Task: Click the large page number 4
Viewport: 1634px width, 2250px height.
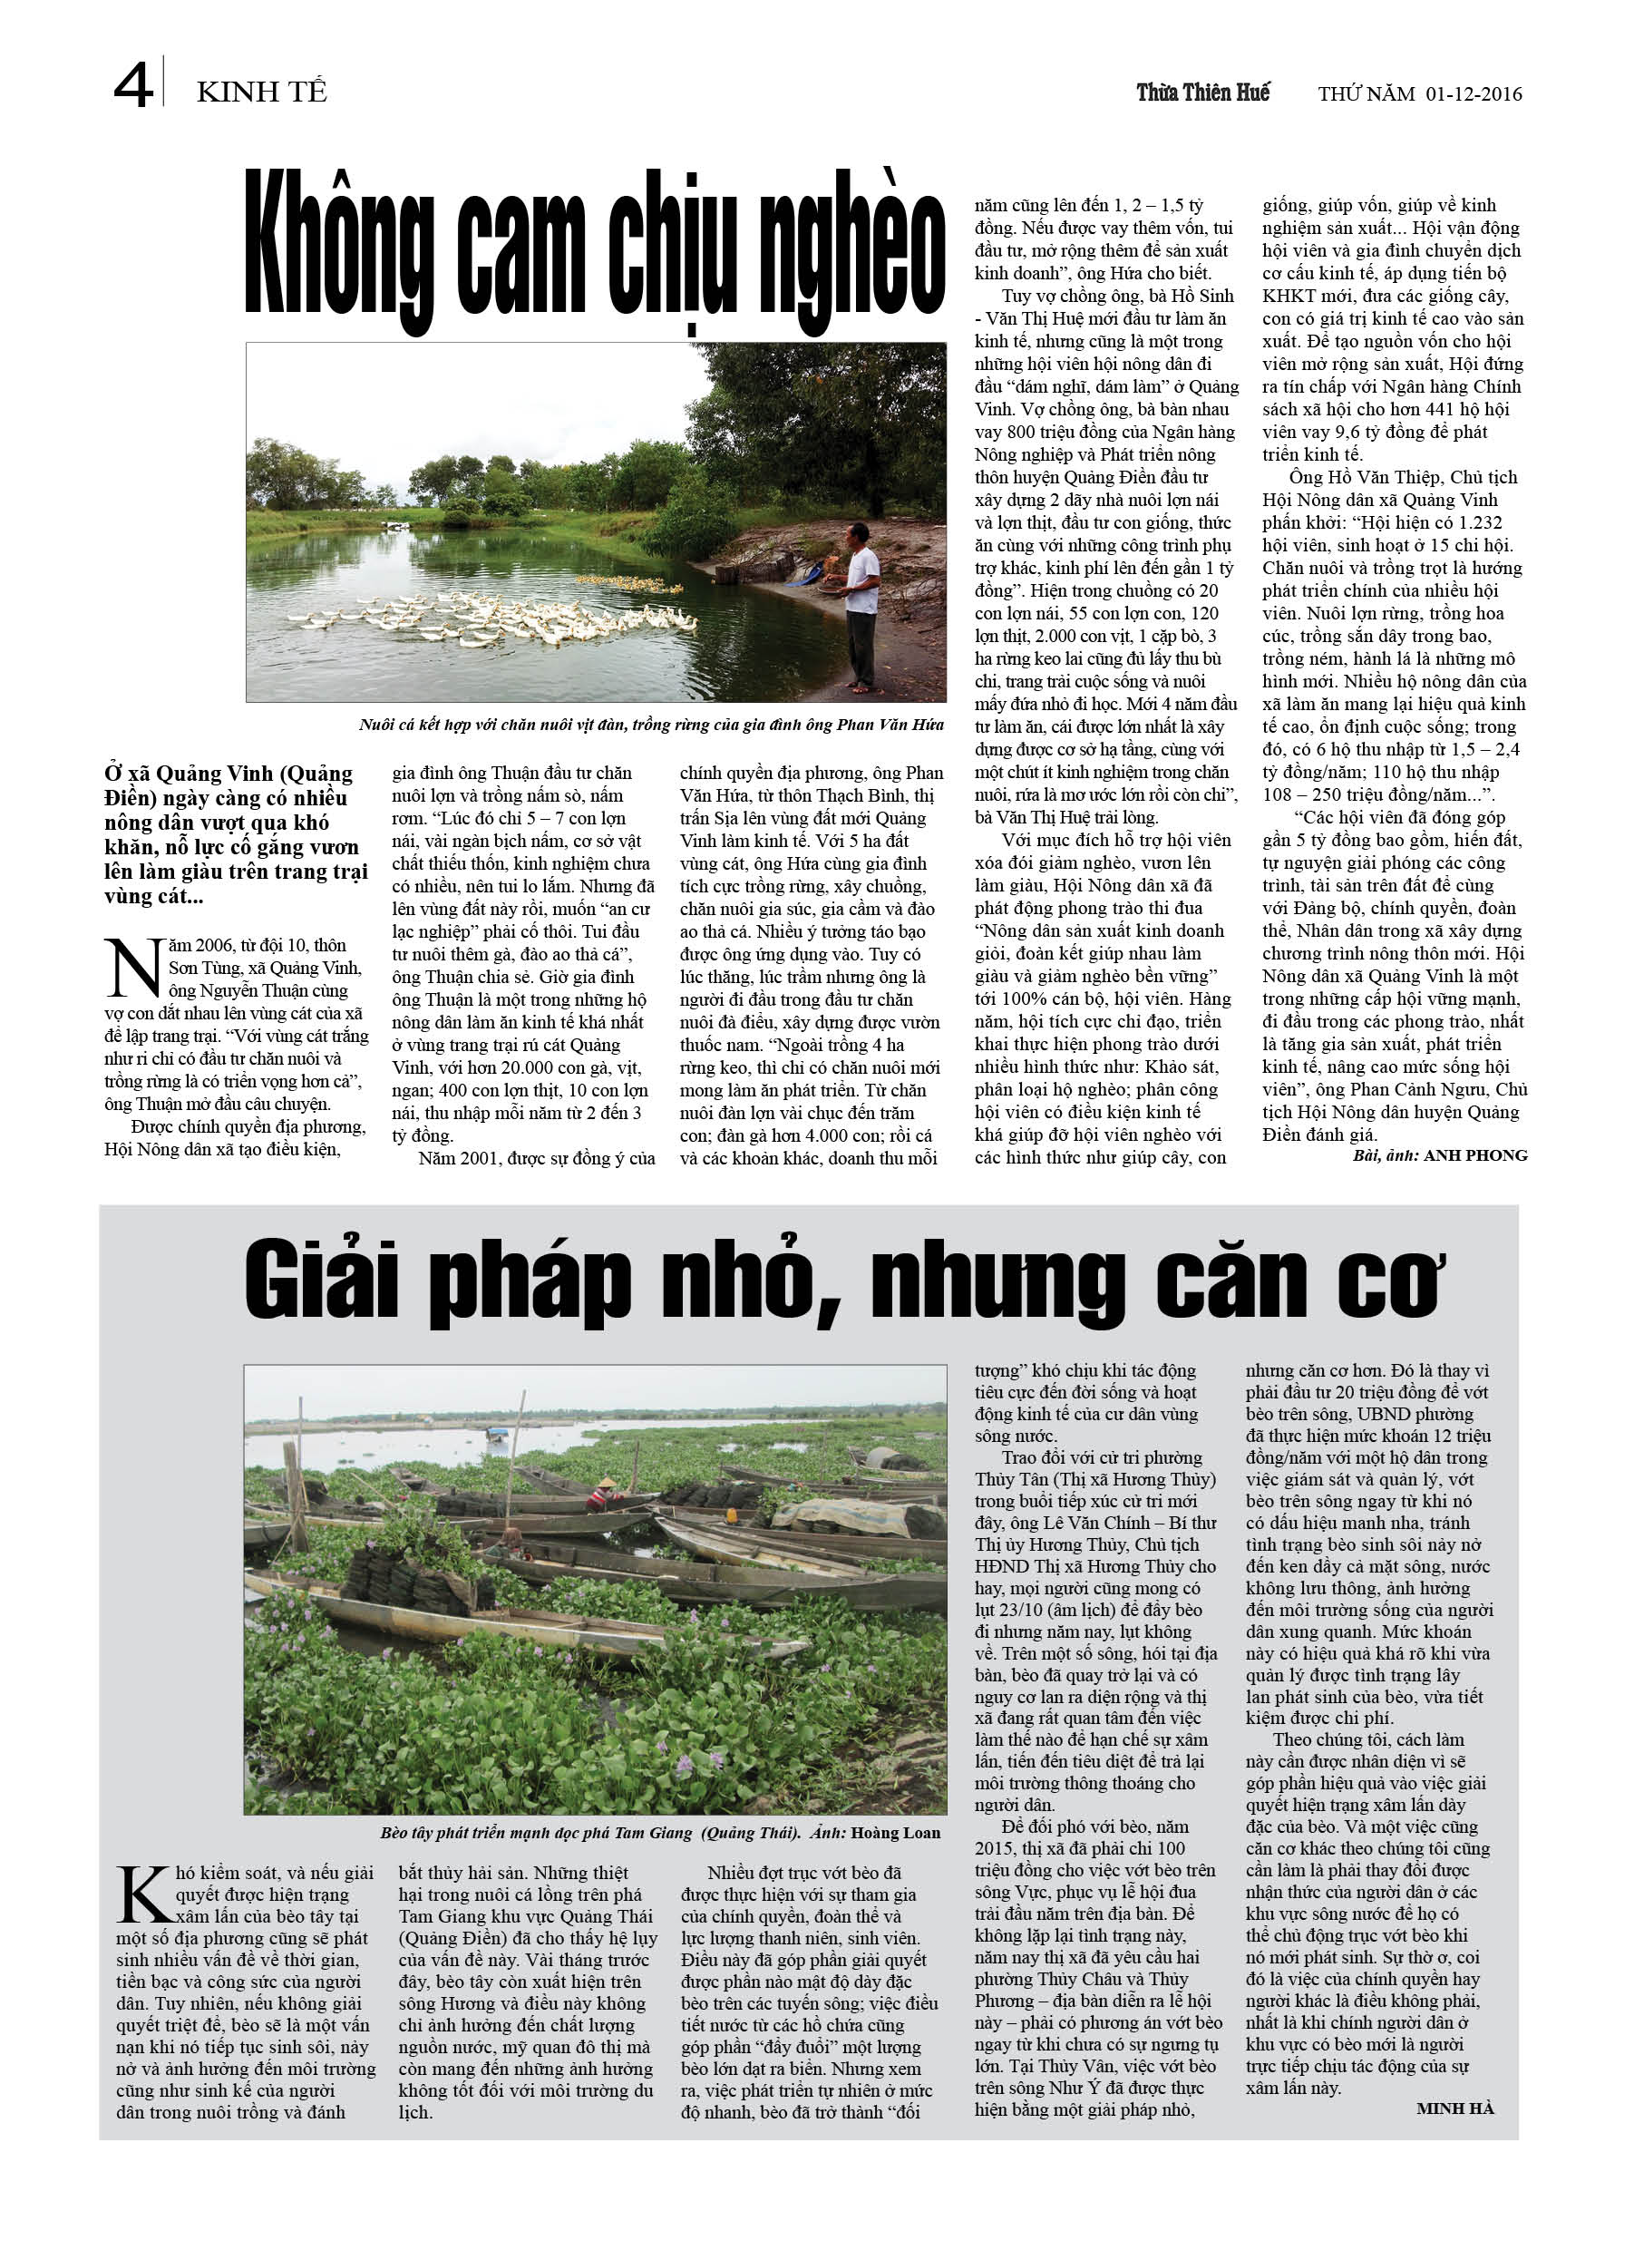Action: click(x=133, y=85)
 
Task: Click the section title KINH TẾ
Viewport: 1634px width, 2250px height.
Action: click(x=262, y=93)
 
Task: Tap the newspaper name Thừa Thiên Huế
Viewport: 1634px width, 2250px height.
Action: click(x=1202, y=93)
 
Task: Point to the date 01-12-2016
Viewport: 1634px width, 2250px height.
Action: click(x=1474, y=94)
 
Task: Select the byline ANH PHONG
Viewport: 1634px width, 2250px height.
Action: click(x=1475, y=1155)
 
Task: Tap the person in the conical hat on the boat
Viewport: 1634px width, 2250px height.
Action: click(x=603, y=1492)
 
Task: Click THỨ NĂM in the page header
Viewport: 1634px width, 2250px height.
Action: click(x=1367, y=94)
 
